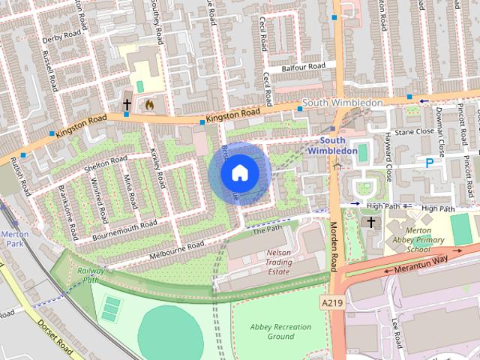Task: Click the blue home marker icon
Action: [x=239, y=172]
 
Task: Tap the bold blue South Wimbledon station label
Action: [x=331, y=145]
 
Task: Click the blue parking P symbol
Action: [x=430, y=162]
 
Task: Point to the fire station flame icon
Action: [x=148, y=105]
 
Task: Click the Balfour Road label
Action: [x=304, y=67]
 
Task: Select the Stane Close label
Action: [x=414, y=131]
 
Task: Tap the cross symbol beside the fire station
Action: [x=127, y=104]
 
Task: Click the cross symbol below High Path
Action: [x=369, y=222]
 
